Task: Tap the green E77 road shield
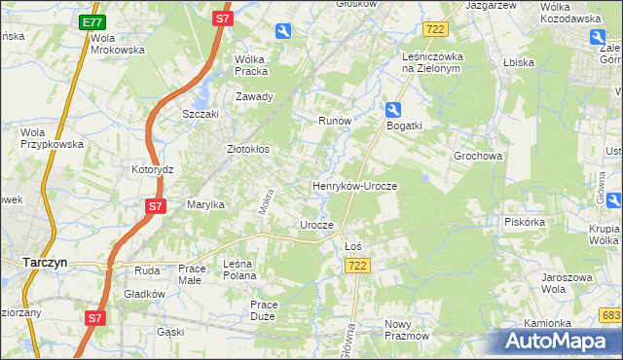click(x=92, y=21)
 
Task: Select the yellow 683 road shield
click(x=611, y=315)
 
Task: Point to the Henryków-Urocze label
click(x=355, y=185)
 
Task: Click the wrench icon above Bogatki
click(x=393, y=110)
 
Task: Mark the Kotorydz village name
click(x=152, y=168)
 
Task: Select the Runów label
click(x=334, y=121)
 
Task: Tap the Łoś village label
click(x=354, y=246)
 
